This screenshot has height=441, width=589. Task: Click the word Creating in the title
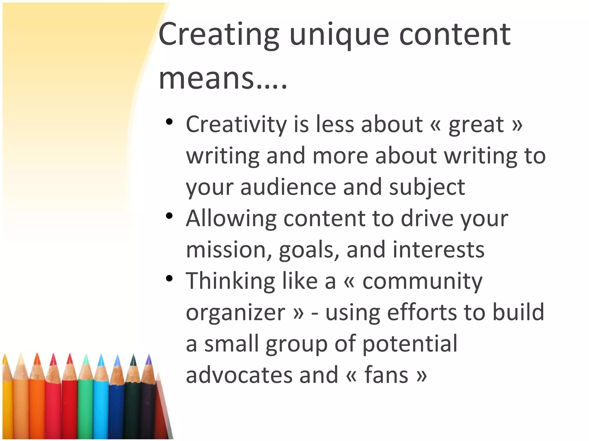219,35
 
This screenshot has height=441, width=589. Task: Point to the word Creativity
236,125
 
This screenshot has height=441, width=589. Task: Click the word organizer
236,312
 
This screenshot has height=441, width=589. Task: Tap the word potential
410,344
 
